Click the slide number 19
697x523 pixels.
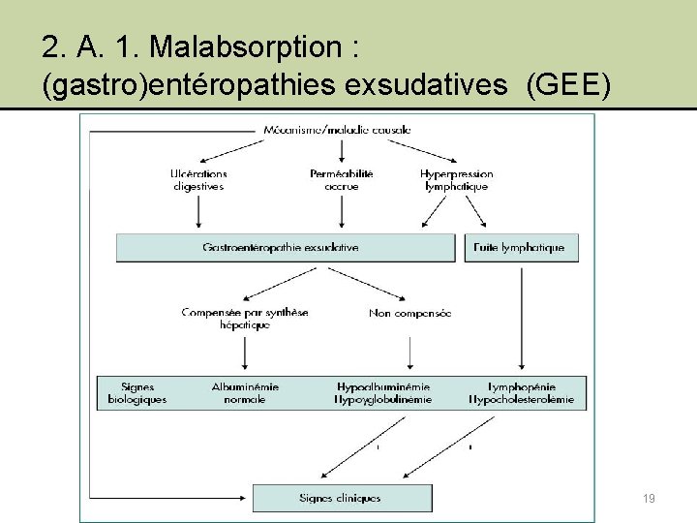pos(649,498)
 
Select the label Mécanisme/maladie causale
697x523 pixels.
pos(337,129)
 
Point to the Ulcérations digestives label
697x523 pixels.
pos(198,179)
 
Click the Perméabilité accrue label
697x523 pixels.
pos(342,179)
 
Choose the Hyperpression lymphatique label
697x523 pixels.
pos(455,179)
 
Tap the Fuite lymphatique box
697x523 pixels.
pos(520,247)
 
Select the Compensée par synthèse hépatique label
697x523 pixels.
pos(245,319)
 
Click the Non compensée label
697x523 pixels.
pos(409,313)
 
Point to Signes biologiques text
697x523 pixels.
pos(137,392)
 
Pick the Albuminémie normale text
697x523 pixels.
pos(245,392)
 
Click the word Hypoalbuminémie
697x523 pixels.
pos(383,386)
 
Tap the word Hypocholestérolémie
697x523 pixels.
pos(522,399)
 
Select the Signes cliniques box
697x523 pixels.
pos(342,498)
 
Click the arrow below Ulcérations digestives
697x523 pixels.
pos(198,211)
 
